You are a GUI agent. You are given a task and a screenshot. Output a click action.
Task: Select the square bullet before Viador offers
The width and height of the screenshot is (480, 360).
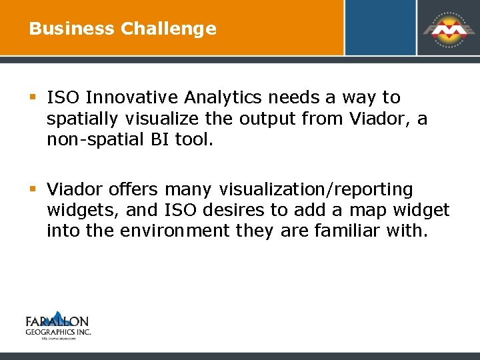(x=33, y=190)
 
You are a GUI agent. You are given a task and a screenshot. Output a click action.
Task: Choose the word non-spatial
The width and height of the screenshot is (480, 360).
(x=92, y=141)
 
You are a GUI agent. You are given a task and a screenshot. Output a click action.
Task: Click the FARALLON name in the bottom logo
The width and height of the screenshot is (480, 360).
(x=57, y=321)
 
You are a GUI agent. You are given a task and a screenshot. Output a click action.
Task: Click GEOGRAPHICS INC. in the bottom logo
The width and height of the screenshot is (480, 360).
(x=58, y=331)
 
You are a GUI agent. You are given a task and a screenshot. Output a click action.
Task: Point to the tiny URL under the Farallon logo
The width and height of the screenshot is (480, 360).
(x=58, y=338)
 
